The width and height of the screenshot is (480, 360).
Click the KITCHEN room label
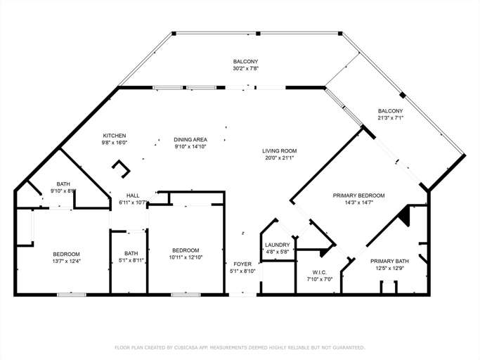point(115,136)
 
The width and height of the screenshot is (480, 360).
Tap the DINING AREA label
point(190,140)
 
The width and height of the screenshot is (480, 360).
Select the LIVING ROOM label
point(279,150)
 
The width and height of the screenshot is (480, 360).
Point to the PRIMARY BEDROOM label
point(358,195)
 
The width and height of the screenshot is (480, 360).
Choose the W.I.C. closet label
point(320,272)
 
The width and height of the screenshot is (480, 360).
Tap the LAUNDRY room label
point(276,245)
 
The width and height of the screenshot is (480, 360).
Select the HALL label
point(133,195)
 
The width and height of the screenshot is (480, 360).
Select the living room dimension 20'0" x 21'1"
point(279,157)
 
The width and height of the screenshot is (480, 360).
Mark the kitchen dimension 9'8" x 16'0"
point(115,143)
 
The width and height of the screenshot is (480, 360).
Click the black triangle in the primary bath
point(403,216)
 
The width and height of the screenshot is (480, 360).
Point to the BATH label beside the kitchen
point(63,184)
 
